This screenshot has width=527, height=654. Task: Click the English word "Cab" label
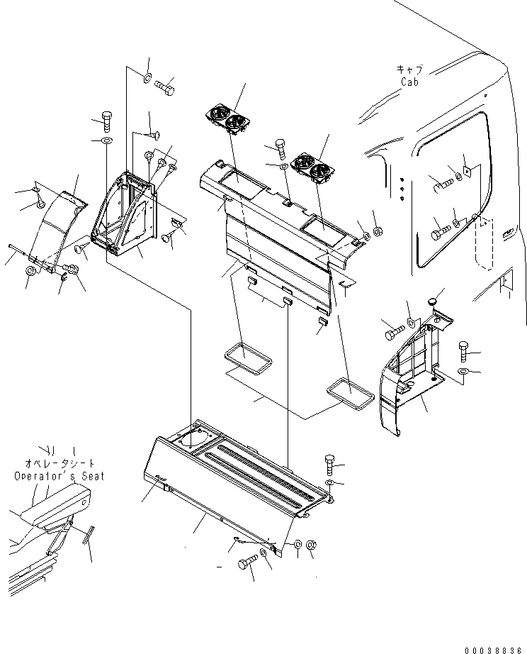409,82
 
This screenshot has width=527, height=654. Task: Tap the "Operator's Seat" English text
59,476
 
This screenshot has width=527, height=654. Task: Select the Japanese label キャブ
409,70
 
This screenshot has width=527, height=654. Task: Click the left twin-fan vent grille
227,118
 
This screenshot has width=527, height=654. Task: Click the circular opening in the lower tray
192,439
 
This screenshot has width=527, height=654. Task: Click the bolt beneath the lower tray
247,563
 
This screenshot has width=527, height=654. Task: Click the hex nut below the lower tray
314,545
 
